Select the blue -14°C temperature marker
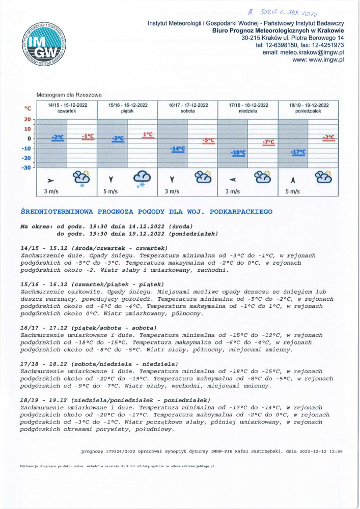tap(178, 149)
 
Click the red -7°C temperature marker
tap(268, 142)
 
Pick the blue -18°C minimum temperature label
tap(238, 153)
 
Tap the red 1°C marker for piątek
tap(148, 135)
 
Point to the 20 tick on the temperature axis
tap(28, 119)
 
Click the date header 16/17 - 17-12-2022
tap(188, 105)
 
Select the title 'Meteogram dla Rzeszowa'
tap(69, 95)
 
